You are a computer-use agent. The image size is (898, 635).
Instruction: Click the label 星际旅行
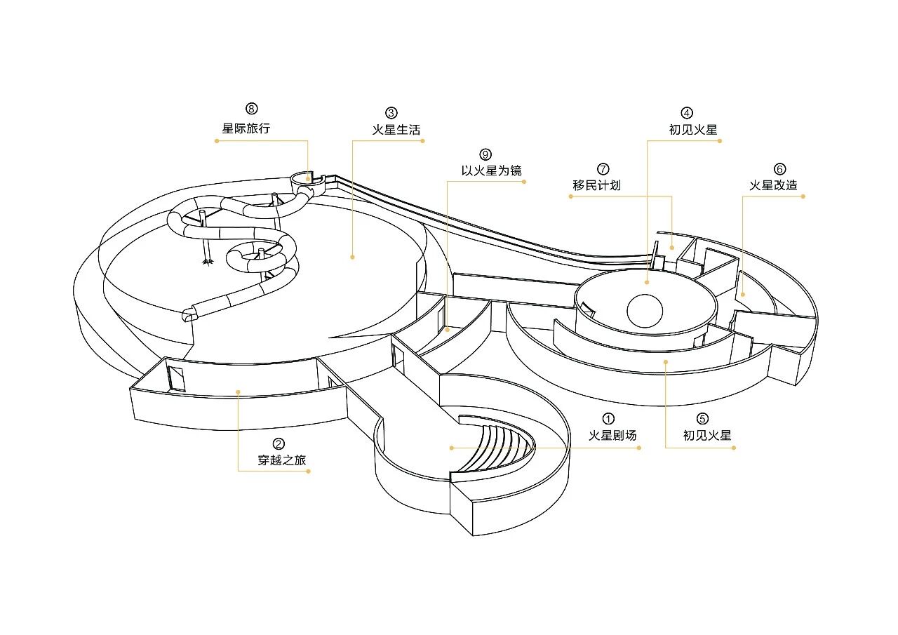(x=246, y=128)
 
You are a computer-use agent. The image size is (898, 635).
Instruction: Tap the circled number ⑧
(x=252, y=109)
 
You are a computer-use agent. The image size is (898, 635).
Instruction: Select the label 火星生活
(x=396, y=130)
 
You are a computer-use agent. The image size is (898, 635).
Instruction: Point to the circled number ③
(x=391, y=112)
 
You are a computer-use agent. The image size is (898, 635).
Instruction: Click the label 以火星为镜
(x=491, y=171)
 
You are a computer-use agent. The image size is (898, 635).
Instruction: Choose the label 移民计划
(x=597, y=185)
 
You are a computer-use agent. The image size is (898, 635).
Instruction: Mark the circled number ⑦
(x=603, y=169)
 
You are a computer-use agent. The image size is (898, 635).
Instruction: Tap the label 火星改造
(x=773, y=185)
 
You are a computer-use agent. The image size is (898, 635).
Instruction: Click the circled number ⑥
(x=780, y=169)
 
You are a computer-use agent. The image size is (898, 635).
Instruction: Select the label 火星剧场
(x=613, y=435)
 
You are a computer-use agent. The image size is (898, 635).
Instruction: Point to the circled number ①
(x=608, y=419)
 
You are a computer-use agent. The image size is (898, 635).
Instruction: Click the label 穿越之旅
(x=282, y=460)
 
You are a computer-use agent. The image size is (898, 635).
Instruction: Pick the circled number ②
(x=279, y=443)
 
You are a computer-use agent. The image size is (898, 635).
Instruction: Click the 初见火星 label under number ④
(x=693, y=130)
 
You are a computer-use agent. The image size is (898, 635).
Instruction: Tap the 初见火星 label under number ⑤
(x=707, y=435)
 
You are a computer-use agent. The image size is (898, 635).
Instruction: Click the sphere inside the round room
(x=644, y=311)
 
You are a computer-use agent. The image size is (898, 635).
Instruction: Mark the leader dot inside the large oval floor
(x=352, y=258)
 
